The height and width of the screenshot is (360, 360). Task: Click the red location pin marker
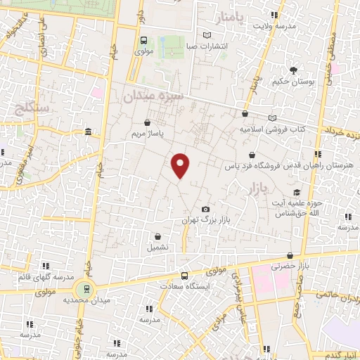tap(181, 165)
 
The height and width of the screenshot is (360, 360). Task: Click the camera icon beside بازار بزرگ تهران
tap(205, 210)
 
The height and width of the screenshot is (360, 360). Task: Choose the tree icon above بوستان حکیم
tap(293, 70)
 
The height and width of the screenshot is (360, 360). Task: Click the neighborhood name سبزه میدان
tap(154, 95)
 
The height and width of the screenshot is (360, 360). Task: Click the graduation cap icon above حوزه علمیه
tap(297, 192)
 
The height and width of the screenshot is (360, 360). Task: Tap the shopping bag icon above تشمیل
tap(157, 237)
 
